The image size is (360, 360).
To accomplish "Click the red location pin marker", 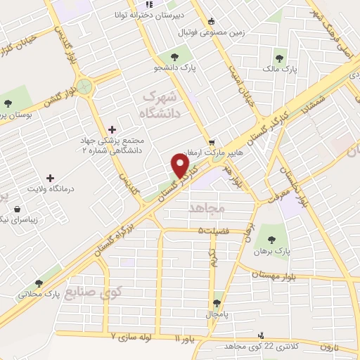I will pos(181,167).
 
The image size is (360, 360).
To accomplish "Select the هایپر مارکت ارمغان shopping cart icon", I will pos(211,141).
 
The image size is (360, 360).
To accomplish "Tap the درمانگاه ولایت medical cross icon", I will pos(49,178).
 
